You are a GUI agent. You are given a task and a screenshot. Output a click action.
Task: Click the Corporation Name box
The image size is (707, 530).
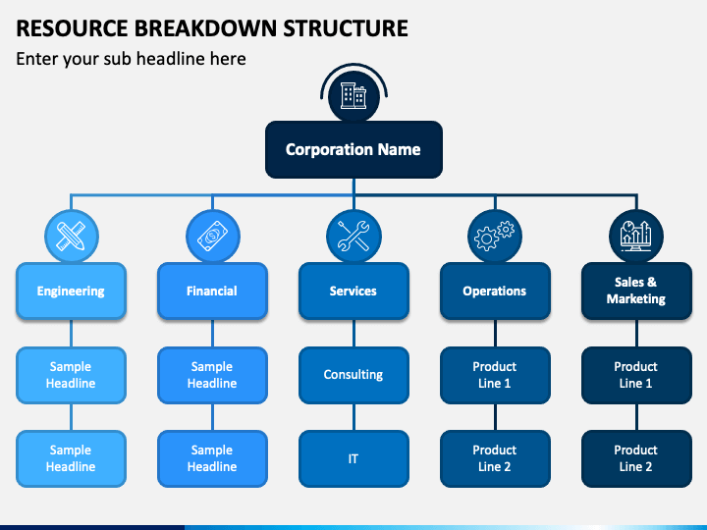pos(353,149)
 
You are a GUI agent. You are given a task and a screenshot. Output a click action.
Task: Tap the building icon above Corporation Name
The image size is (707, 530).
pos(353,95)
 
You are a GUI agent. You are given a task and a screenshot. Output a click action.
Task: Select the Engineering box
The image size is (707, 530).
pos(71,291)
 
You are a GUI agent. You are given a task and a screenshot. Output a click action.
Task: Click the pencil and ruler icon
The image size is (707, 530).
pos(71,237)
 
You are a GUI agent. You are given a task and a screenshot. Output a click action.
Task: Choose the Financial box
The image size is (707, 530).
pos(212,291)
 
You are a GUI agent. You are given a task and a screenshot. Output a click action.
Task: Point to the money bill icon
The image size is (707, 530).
pos(212,237)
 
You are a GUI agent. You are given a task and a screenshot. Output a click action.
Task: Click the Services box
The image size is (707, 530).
pos(353,291)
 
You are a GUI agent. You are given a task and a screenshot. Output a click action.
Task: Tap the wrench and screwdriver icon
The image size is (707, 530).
pos(353,237)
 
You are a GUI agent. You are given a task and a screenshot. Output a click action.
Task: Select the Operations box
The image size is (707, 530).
pos(495,291)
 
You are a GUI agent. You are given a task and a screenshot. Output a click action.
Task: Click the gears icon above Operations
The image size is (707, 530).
pos(494,236)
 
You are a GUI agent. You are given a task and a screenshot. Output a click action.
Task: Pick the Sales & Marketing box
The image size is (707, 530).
pos(636,291)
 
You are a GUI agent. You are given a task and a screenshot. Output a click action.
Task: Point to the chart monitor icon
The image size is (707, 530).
pos(635,237)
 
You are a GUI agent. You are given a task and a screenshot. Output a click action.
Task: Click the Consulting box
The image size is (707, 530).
pos(353,375)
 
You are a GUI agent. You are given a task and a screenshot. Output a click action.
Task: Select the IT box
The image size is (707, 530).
pos(353,458)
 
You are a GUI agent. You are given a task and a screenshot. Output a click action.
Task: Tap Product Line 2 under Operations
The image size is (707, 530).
pos(495,458)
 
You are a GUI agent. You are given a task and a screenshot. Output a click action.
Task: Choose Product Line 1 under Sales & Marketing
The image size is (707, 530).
pos(636,375)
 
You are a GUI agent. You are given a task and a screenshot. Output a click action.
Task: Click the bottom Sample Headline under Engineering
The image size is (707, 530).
pos(71,458)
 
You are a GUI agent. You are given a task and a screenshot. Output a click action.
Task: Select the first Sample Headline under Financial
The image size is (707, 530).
pos(212,375)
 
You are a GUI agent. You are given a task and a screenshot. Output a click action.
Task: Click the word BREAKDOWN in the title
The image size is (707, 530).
pos(208,27)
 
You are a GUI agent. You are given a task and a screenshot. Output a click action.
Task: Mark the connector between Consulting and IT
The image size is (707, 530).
pos(353,417)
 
